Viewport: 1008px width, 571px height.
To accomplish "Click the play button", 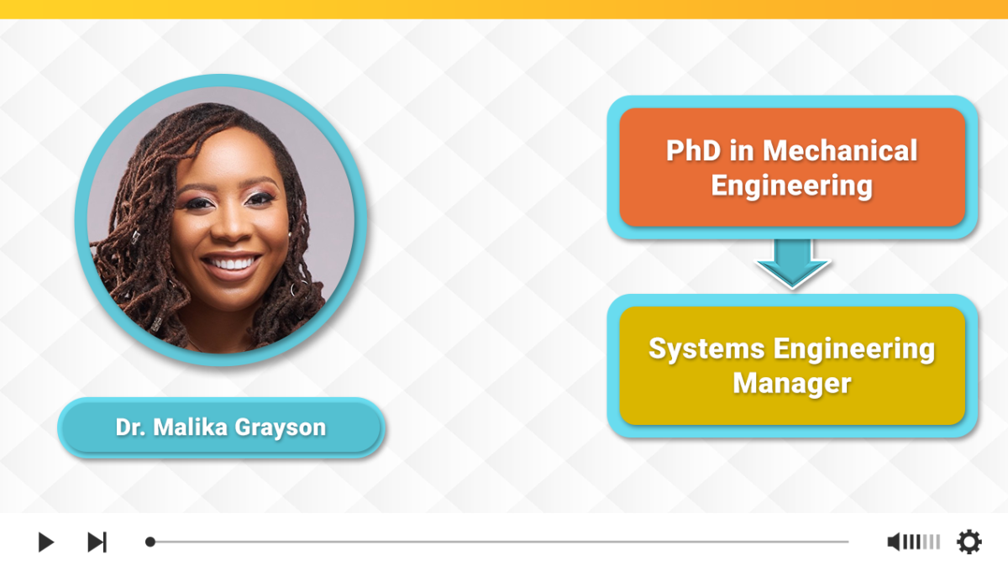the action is (46, 542).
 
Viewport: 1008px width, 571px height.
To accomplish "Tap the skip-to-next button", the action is (97, 542).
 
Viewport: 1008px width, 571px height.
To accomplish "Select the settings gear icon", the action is (969, 542).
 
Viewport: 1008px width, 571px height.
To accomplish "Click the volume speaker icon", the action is (894, 542).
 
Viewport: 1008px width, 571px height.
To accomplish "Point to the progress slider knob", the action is (150, 542).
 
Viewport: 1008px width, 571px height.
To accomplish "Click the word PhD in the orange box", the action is (694, 150).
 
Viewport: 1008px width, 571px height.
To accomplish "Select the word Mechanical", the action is (840, 150).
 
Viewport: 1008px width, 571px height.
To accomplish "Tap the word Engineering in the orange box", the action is (791, 186).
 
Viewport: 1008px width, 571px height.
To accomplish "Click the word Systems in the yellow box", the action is (706, 349).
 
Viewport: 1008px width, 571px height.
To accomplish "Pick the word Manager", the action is (792, 384).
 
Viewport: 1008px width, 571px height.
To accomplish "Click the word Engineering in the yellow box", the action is (854, 349).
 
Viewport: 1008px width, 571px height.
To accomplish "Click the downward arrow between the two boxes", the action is (792, 263).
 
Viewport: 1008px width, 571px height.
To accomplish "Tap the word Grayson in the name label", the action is (281, 427).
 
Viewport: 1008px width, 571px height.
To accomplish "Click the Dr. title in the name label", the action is (130, 427).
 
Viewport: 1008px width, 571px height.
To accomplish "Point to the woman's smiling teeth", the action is (231, 262).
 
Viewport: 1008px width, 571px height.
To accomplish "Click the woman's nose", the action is (232, 223).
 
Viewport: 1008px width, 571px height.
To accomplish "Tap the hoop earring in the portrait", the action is (295, 289).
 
